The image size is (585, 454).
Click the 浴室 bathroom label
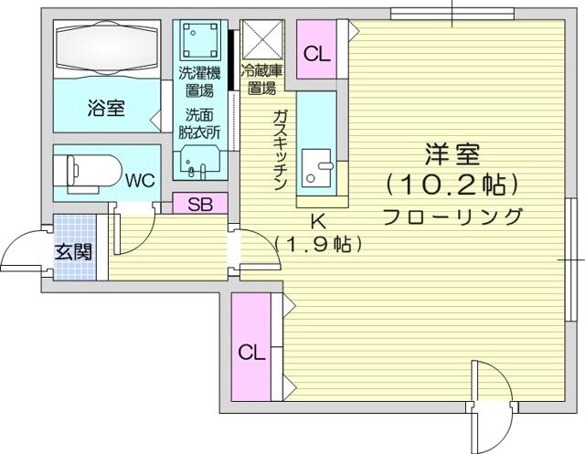106,108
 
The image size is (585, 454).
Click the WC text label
140,180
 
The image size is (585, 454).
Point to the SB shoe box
200,204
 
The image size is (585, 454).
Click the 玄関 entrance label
73,252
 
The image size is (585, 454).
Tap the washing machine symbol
200,40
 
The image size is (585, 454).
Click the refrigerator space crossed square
262,40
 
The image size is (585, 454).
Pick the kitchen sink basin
316,168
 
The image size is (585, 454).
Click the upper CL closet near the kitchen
317,49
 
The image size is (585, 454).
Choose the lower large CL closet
251,346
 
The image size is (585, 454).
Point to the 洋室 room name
452,154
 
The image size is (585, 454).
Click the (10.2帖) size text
452,185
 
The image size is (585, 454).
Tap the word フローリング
452,216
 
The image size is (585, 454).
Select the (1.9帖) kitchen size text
318,244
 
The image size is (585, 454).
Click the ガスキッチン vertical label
280,150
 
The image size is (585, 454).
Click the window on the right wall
570,259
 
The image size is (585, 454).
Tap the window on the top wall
452,15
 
